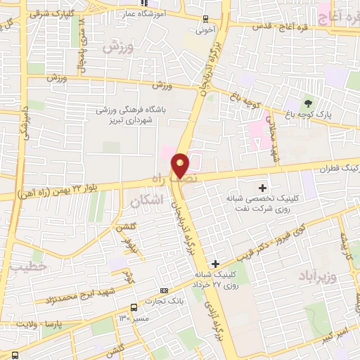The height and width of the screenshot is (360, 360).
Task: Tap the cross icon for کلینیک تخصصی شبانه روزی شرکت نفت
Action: click(x=263, y=188)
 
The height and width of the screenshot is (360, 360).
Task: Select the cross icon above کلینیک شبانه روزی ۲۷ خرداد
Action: click(x=215, y=264)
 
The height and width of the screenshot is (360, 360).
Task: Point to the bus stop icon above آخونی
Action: click(x=205, y=19)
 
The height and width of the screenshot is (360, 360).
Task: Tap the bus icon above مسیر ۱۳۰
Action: click(x=134, y=307)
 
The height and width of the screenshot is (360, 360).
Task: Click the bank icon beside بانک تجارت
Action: click(x=165, y=290)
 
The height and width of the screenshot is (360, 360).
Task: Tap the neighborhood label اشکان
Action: click(x=146, y=201)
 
